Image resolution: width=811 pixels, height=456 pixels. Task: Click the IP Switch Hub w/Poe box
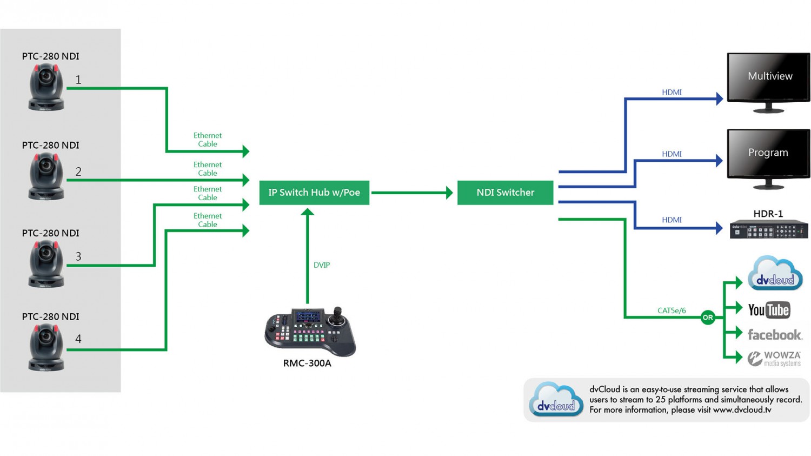coord(314,193)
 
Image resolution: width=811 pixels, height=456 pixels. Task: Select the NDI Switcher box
coord(505,193)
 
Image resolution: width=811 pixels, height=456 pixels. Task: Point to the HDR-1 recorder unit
coord(768,230)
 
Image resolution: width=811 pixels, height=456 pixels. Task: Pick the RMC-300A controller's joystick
coord(338,314)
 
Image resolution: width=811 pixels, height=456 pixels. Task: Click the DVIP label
coord(322,265)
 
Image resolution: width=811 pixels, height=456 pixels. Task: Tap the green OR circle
coord(708,318)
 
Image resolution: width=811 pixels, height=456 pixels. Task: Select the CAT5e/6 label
coord(672,310)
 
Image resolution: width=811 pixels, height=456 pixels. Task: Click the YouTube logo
coord(769,310)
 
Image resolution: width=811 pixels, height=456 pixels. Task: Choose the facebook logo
coord(774,335)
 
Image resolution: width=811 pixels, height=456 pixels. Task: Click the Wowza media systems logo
coord(774,358)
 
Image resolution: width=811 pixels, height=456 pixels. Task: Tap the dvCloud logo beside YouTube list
coord(775,274)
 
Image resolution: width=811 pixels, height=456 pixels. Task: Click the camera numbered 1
coord(46,87)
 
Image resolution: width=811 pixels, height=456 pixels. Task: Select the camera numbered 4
coord(46,347)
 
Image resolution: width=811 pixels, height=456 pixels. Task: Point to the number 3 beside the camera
coord(78,256)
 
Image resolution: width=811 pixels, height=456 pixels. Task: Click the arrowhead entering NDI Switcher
coord(449,193)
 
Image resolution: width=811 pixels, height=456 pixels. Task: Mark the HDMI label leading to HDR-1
coord(672,220)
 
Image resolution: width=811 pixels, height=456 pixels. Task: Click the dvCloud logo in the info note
coord(556,400)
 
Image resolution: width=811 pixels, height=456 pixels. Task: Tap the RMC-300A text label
coord(307,364)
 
